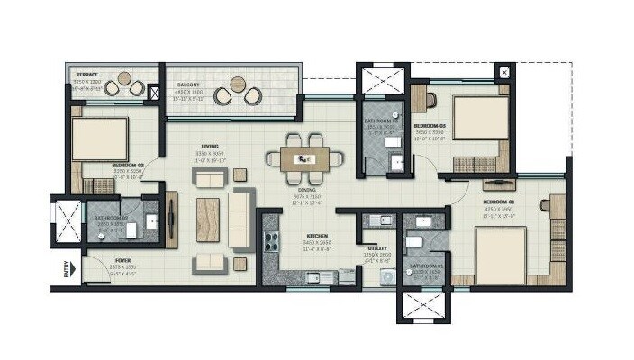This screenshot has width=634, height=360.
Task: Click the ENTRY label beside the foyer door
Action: pos(66,270)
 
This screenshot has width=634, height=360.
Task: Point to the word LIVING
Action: pos(211,147)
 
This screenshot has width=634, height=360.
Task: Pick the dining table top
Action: pos(306,158)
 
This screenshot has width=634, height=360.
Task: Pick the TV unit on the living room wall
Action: pos(173,220)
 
